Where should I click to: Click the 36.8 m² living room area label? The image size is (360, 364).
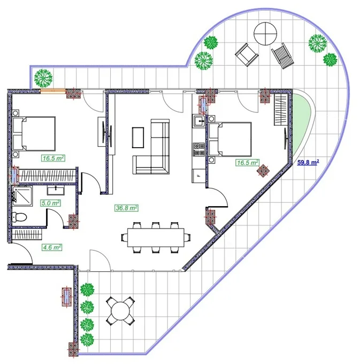127,208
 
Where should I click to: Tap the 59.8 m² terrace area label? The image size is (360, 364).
308,162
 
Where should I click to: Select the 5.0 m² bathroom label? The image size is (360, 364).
51,203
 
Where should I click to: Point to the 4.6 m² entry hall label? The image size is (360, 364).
51,247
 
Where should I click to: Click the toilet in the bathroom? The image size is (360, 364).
19,217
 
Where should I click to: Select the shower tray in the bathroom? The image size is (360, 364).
22,196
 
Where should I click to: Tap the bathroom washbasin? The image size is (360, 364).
56,190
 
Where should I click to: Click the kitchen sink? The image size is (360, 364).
199,121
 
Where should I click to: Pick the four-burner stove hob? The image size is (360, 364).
199,149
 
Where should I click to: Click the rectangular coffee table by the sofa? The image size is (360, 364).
138,138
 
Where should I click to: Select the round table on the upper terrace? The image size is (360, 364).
265,34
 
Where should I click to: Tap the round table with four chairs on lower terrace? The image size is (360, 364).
120,311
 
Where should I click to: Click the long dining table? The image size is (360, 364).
156,238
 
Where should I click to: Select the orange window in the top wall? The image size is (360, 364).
53,91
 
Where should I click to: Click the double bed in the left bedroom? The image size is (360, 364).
34,134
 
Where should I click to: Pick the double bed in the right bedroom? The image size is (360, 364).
230,139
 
